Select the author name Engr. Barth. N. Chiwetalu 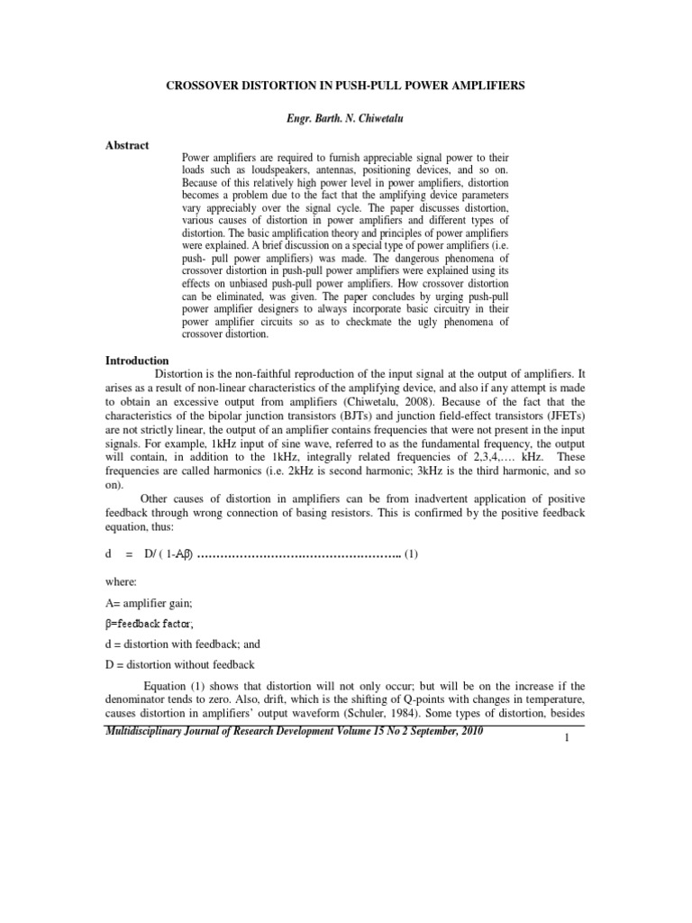[345, 119]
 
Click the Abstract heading [127, 145]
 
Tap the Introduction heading [138, 361]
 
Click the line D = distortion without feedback [180, 665]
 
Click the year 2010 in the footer [469, 731]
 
